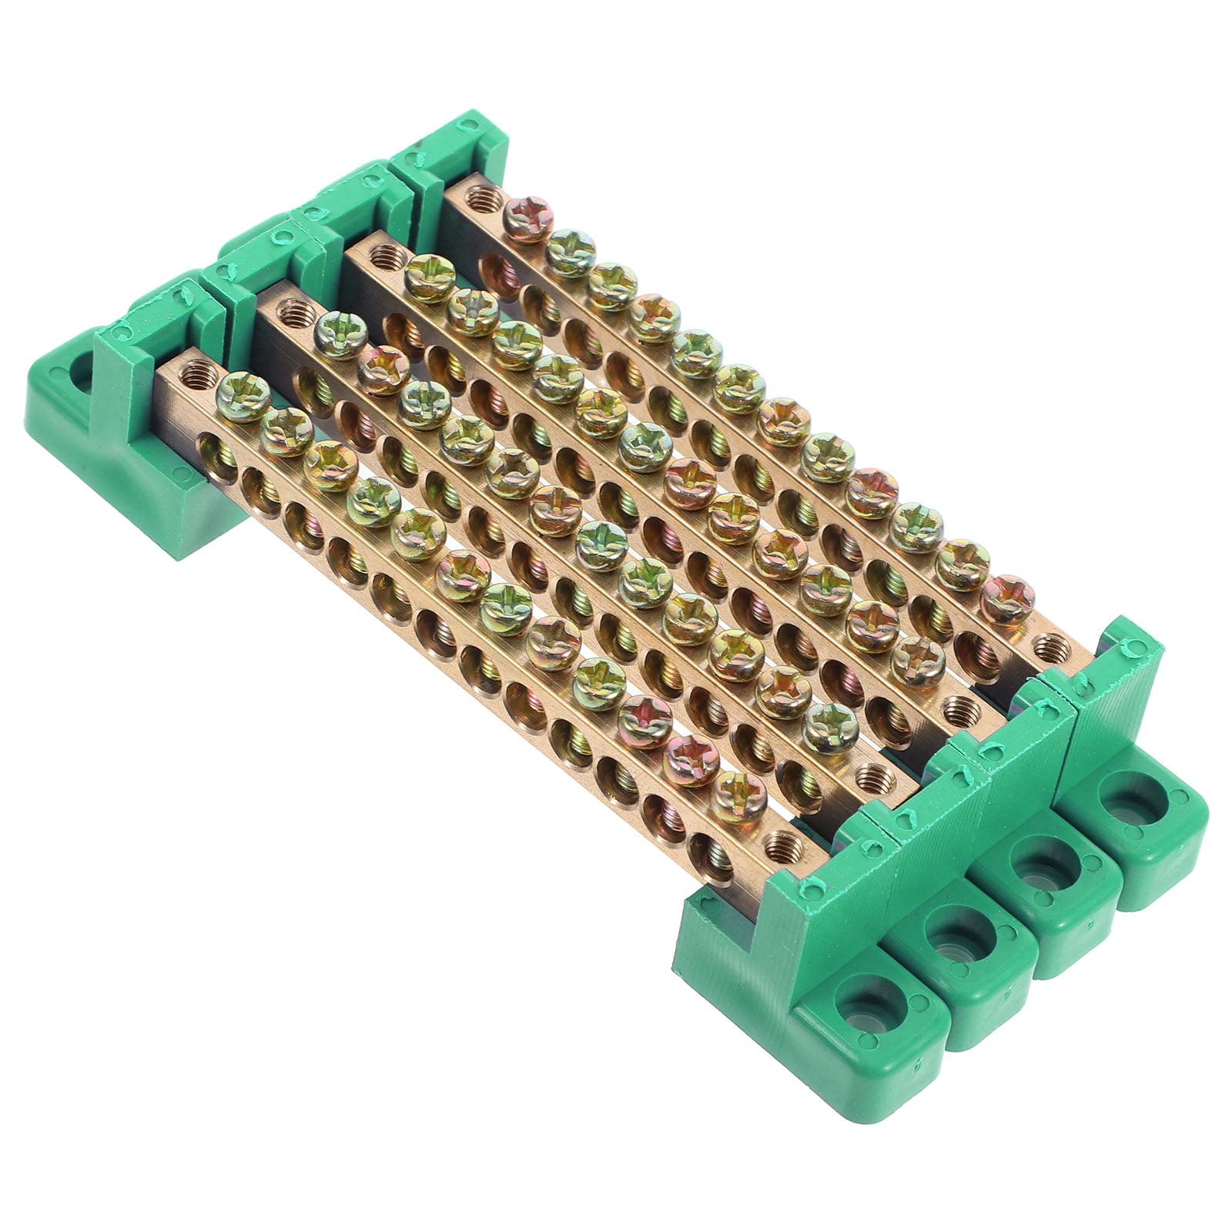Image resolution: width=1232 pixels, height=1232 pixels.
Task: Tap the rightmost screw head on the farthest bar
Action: coord(1008,600)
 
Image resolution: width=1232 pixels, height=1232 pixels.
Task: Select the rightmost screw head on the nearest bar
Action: coord(738,798)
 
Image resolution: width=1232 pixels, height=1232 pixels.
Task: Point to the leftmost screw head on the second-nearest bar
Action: coord(340,336)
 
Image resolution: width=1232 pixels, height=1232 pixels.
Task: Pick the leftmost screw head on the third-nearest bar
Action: coord(430,279)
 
